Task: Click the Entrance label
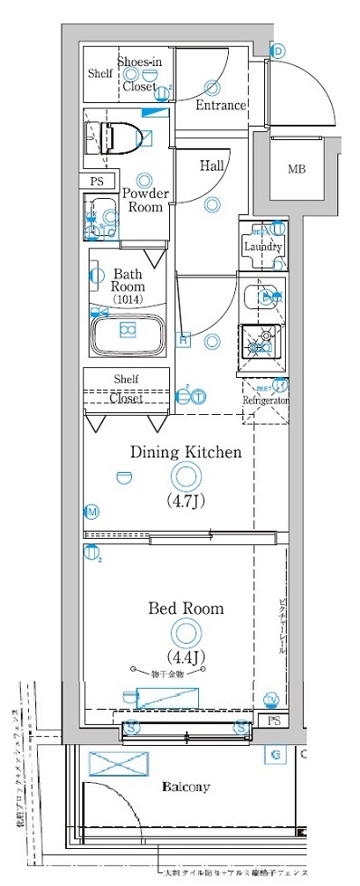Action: coord(221,106)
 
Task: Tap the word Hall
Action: coord(213,165)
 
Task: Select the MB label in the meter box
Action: coord(297,169)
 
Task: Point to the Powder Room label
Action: coord(144,200)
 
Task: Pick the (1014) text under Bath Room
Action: coord(127,298)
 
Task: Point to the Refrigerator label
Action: coord(264,401)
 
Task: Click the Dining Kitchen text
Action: coord(185,452)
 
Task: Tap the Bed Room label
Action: coord(186,608)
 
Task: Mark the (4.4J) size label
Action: coord(185,655)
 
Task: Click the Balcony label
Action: coord(186,787)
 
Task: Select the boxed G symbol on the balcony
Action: coord(270,755)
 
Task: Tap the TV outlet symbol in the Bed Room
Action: coord(270,699)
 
